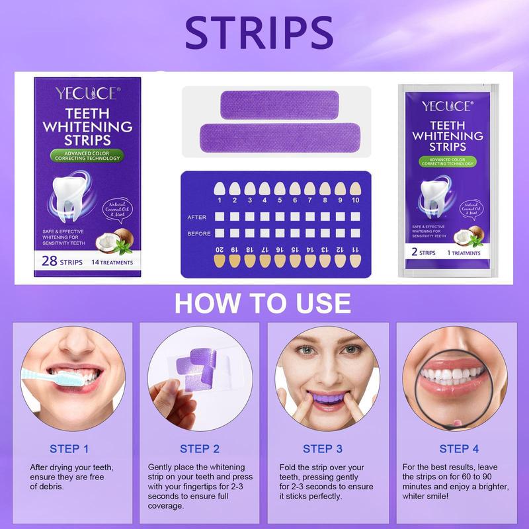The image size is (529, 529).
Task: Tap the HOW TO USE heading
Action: [263, 303]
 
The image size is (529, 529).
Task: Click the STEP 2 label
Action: [200, 449]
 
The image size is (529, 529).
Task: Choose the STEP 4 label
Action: [459, 449]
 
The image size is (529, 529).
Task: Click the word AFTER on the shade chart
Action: [200, 216]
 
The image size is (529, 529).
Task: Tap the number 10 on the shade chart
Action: [356, 200]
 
